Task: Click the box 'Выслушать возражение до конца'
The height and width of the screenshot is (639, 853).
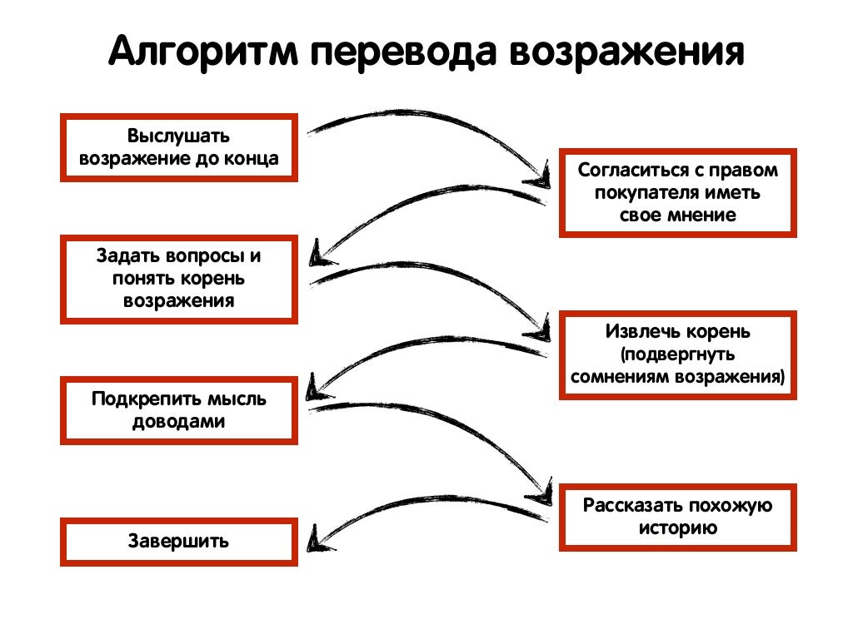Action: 178,147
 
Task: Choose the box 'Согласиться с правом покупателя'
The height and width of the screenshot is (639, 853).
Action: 677,192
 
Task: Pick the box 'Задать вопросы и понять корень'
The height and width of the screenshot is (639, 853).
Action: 178,279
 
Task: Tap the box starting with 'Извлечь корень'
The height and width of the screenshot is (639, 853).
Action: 677,354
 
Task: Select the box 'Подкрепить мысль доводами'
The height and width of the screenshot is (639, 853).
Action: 178,410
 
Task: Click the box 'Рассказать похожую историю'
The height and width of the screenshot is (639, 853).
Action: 677,517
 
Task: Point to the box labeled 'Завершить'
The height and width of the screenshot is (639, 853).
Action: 178,542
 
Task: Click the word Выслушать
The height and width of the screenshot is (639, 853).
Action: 178,136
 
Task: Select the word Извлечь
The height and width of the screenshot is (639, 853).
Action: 641,332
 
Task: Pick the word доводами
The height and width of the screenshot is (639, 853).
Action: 178,422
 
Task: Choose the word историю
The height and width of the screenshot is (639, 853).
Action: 677,528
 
